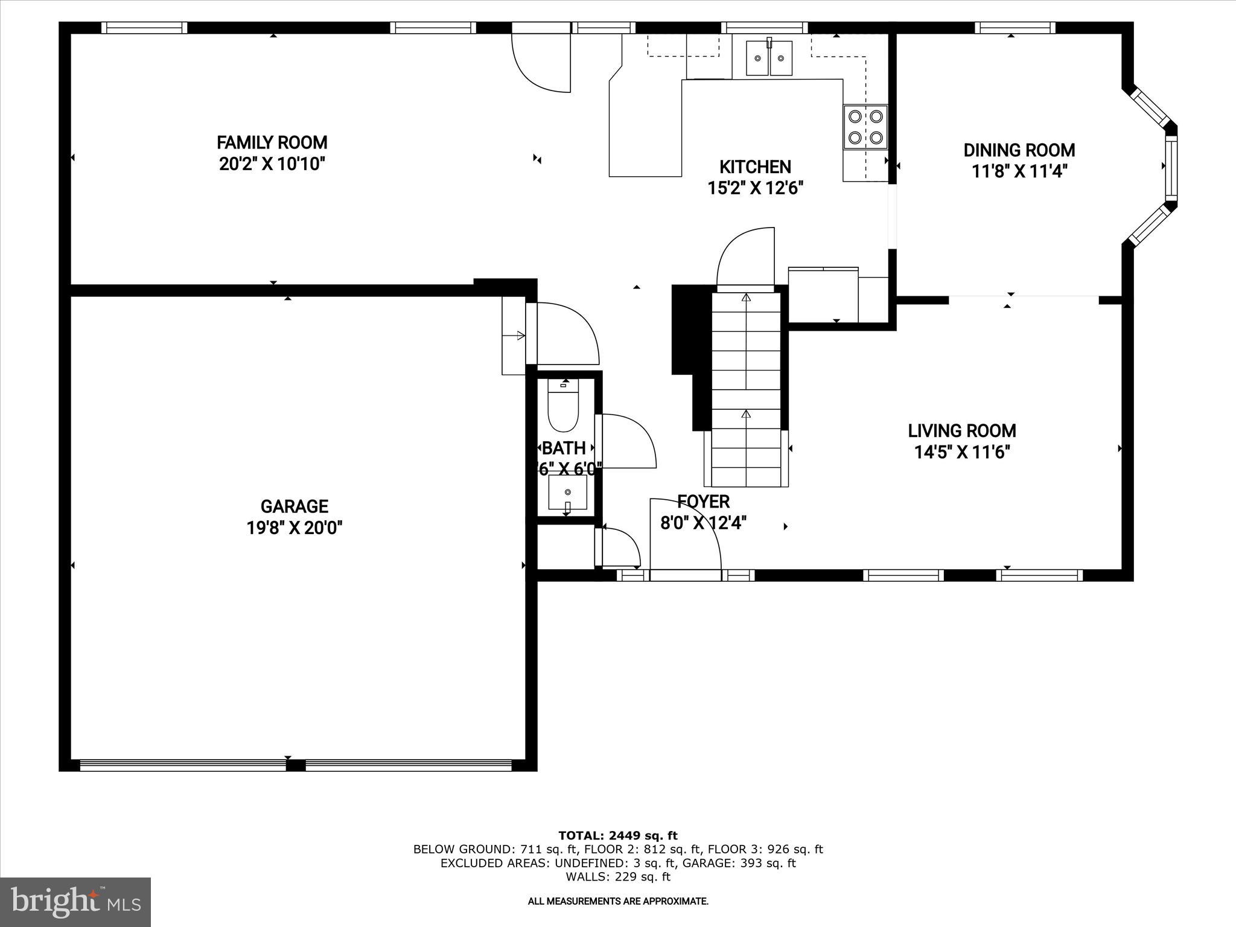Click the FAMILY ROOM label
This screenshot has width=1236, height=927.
272,143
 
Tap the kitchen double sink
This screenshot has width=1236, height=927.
769,58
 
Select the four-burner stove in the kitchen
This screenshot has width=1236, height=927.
865,127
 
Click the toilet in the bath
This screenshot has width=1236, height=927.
562,406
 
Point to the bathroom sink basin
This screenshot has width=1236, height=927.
567,492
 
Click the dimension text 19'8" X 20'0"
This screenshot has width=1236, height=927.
294,528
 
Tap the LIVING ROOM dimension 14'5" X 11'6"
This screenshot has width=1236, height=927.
962,452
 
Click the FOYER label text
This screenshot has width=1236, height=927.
703,502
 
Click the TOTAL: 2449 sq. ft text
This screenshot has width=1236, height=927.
617,836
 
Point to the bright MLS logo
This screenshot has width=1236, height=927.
75,902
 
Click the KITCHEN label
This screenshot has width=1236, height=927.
754,167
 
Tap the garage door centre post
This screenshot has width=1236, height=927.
295,766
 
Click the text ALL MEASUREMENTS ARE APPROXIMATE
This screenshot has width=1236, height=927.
617,902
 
